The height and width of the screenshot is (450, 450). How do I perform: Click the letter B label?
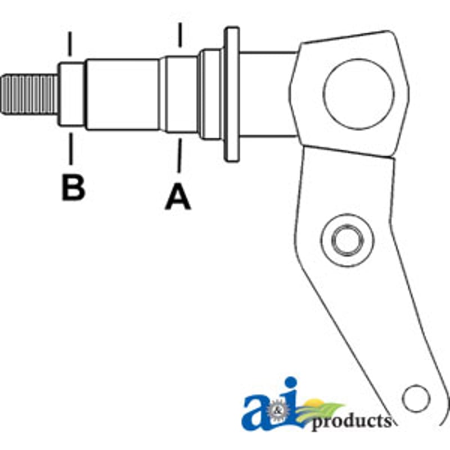[74, 188]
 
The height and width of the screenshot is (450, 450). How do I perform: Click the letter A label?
[178, 197]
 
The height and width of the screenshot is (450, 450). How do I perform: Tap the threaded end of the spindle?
[30, 94]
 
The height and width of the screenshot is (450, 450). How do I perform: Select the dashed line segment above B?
[70, 44]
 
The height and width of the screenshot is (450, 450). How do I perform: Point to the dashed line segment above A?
[180, 35]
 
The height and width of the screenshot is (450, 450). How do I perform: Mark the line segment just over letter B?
[71, 148]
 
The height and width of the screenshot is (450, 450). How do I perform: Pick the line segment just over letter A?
[179, 155]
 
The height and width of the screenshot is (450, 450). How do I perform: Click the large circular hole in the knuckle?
[358, 94]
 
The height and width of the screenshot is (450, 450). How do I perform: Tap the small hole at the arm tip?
[416, 399]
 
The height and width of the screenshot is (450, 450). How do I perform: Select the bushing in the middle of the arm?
[348, 240]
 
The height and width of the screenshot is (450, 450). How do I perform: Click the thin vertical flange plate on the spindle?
[232, 94]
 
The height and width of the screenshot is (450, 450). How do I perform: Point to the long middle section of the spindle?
[123, 94]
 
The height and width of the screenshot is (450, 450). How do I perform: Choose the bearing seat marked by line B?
[72, 94]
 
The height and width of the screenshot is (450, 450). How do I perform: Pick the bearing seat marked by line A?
[180, 94]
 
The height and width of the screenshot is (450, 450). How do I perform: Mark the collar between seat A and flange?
[211, 94]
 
